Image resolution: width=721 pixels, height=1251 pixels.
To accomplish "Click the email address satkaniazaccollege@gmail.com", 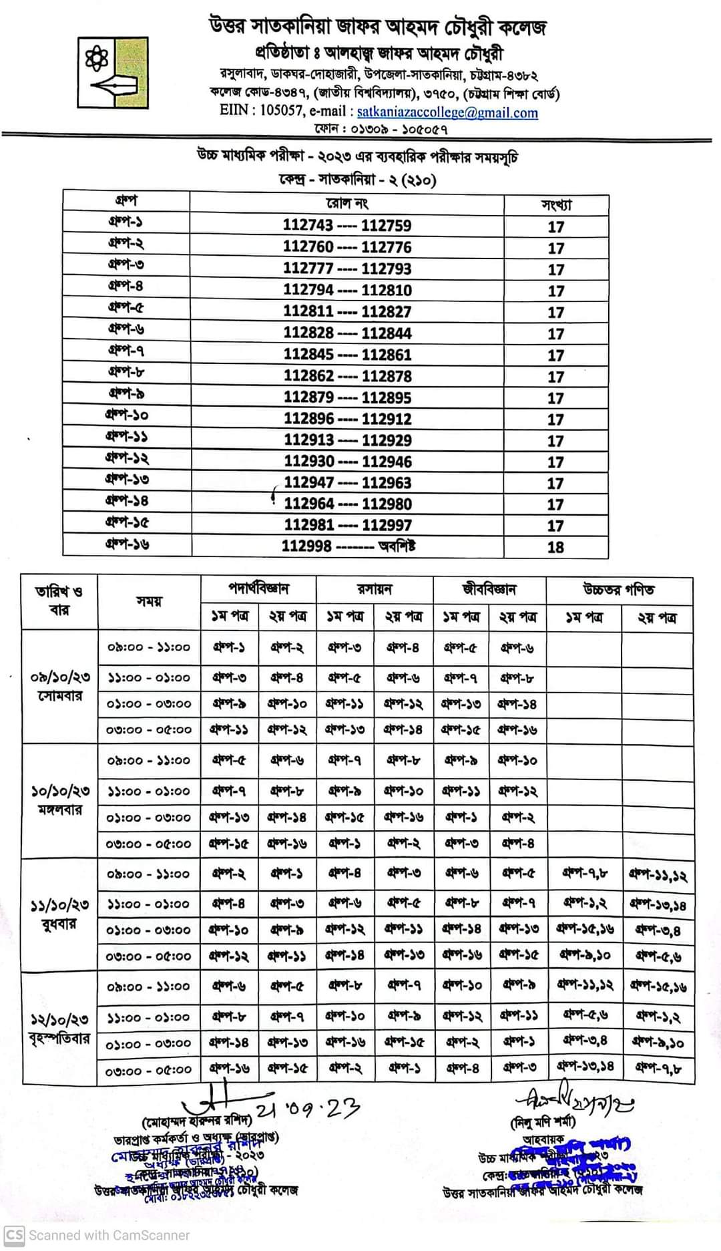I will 447,112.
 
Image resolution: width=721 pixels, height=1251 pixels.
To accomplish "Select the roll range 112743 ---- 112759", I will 346,226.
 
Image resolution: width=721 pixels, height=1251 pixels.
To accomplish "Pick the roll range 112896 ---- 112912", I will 347,419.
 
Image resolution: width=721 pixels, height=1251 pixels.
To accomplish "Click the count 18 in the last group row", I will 555,547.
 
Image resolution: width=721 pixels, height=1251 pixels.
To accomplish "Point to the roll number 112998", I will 306,546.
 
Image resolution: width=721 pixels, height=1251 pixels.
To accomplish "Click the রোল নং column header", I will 346,204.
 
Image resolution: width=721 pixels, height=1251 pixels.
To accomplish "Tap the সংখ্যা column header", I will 555,204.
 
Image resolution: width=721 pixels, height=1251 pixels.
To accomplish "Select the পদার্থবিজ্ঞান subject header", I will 258,589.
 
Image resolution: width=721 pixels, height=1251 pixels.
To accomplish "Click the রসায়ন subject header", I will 375,589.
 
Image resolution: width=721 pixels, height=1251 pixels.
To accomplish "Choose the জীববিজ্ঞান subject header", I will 489,589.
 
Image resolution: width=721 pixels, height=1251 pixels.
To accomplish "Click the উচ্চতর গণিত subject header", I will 618,589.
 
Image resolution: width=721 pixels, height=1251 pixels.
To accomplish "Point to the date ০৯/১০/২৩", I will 60,677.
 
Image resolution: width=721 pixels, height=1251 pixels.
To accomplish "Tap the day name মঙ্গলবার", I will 60,810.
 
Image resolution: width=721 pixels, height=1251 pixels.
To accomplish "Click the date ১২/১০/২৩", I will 60,1020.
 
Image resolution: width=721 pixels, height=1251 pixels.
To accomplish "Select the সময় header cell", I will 149,601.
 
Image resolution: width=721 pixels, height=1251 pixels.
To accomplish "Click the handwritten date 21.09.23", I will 317,1110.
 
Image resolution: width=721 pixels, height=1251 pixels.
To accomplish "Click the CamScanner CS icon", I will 14,1235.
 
